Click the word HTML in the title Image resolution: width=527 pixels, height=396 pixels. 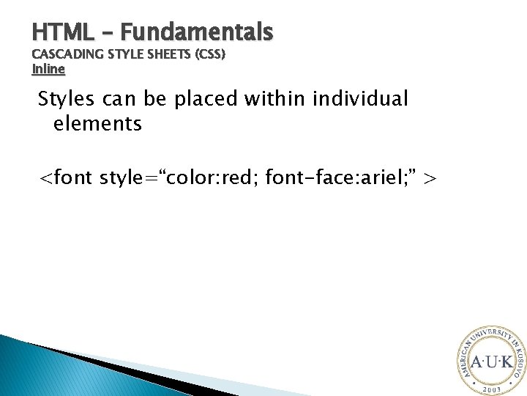click(63, 32)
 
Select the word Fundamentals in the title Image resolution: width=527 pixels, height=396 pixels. click(197, 32)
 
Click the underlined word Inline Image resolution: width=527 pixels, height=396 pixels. click(49, 69)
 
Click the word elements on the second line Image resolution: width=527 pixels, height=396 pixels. click(97, 124)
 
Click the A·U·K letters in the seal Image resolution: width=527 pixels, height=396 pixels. click(493, 362)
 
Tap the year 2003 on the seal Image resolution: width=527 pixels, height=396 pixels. click(492, 386)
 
